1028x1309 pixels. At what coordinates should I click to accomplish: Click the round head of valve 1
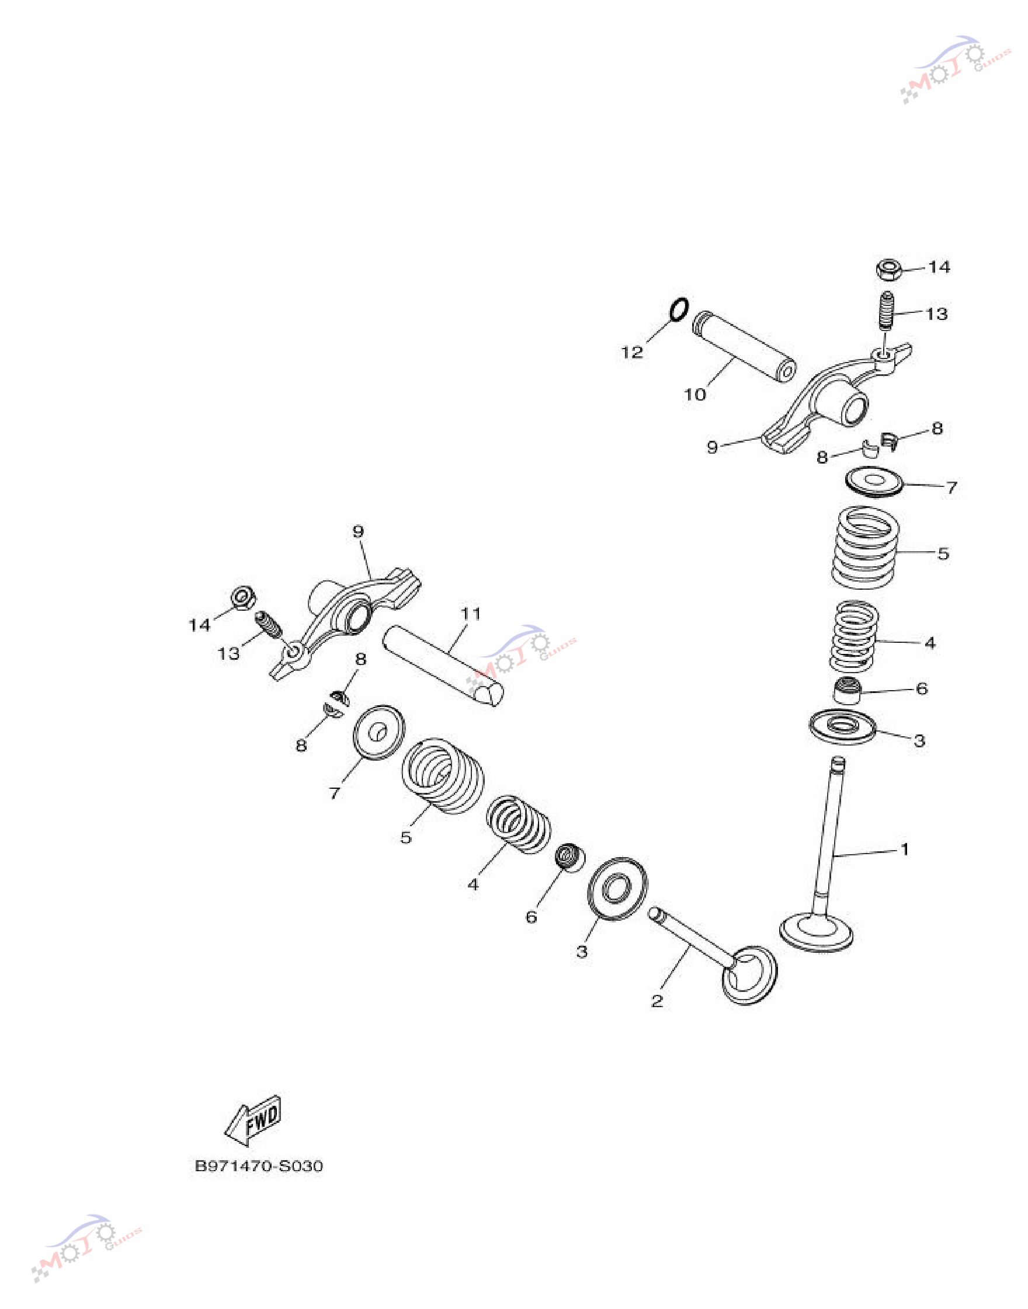[x=816, y=931]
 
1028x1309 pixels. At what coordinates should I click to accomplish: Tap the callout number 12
[x=632, y=353]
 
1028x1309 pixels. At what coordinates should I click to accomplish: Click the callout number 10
[x=694, y=395]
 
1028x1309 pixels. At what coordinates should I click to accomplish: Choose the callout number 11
[x=471, y=614]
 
